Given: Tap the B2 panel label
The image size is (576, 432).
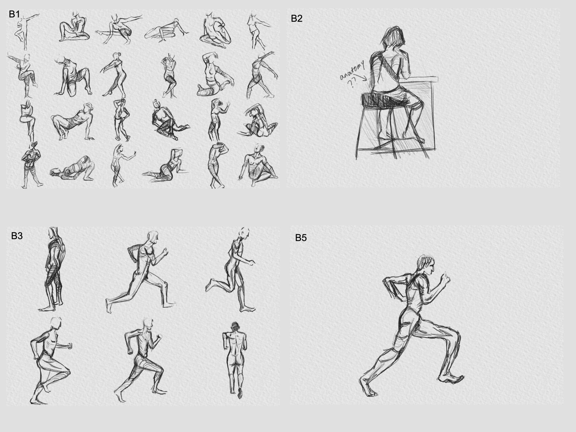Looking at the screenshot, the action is pyautogui.click(x=297, y=18).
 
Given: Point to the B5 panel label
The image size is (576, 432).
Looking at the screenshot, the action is pyautogui.click(x=301, y=238).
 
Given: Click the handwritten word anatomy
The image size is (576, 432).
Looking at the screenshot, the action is pyautogui.click(x=352, y=70).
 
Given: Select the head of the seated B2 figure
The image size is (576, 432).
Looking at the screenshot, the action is pyautogui.click(x=393, y=38).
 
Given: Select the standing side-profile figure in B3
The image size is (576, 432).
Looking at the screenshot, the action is pyautogui.click(x=53, y=269).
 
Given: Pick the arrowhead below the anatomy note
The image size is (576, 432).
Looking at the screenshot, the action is pyautogui.click(x=365, y=78).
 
